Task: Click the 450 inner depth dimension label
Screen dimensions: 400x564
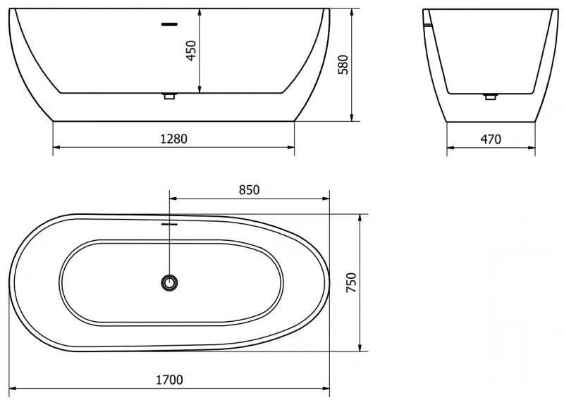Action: click(190, 51)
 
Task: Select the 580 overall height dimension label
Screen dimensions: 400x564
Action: click(343, 64)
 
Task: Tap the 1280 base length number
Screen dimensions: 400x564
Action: click(174, 138)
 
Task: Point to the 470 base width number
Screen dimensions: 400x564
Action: click(491, 139)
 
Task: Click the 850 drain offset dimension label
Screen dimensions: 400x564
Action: click(250, 189)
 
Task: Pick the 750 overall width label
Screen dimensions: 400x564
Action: click(352, 283)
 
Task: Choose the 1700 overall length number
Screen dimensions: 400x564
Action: click(169, 380)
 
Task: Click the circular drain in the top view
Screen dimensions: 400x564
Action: click(169, 282)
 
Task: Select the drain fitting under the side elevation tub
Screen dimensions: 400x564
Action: click(168, 96)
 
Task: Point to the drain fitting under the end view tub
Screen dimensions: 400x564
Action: click(491, 96)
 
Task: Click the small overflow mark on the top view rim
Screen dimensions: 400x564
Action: click(169, 225)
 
